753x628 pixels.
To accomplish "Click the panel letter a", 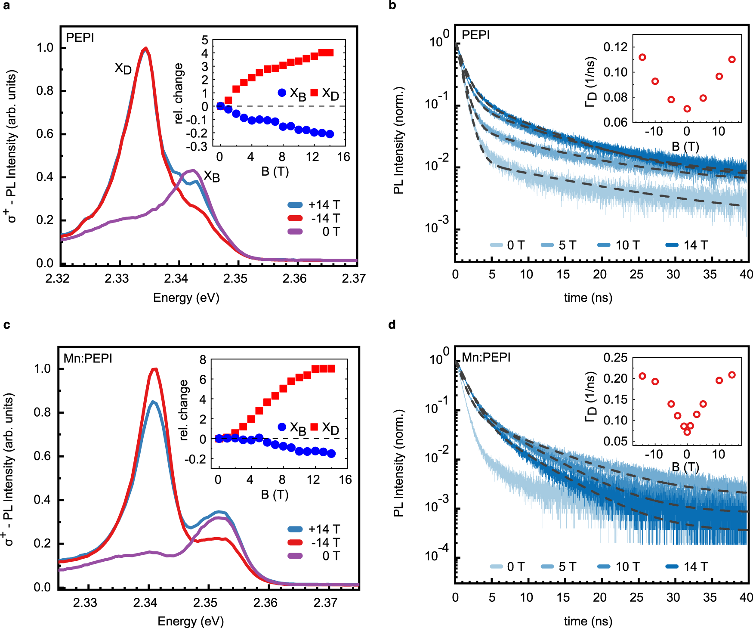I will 6,6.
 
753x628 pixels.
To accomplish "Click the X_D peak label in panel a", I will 123,68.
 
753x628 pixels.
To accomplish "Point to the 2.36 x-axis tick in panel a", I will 294,278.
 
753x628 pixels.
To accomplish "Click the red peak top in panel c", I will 154,368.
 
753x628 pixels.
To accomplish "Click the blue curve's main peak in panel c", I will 153,402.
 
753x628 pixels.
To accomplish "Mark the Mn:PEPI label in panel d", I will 486,357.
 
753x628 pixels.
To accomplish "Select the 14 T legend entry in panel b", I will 687,245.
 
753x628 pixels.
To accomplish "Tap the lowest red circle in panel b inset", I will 687,109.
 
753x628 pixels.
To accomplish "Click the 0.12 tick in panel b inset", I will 615,47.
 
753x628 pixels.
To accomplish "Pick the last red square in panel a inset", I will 330,53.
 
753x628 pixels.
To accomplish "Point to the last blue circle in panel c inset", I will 331,453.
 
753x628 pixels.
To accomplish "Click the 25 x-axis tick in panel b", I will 636,274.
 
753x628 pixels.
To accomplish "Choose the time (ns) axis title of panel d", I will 588,621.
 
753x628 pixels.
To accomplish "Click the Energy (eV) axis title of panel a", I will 186,297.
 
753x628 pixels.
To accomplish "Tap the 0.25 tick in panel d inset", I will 615,357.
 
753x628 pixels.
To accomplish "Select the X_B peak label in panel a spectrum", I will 212,176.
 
